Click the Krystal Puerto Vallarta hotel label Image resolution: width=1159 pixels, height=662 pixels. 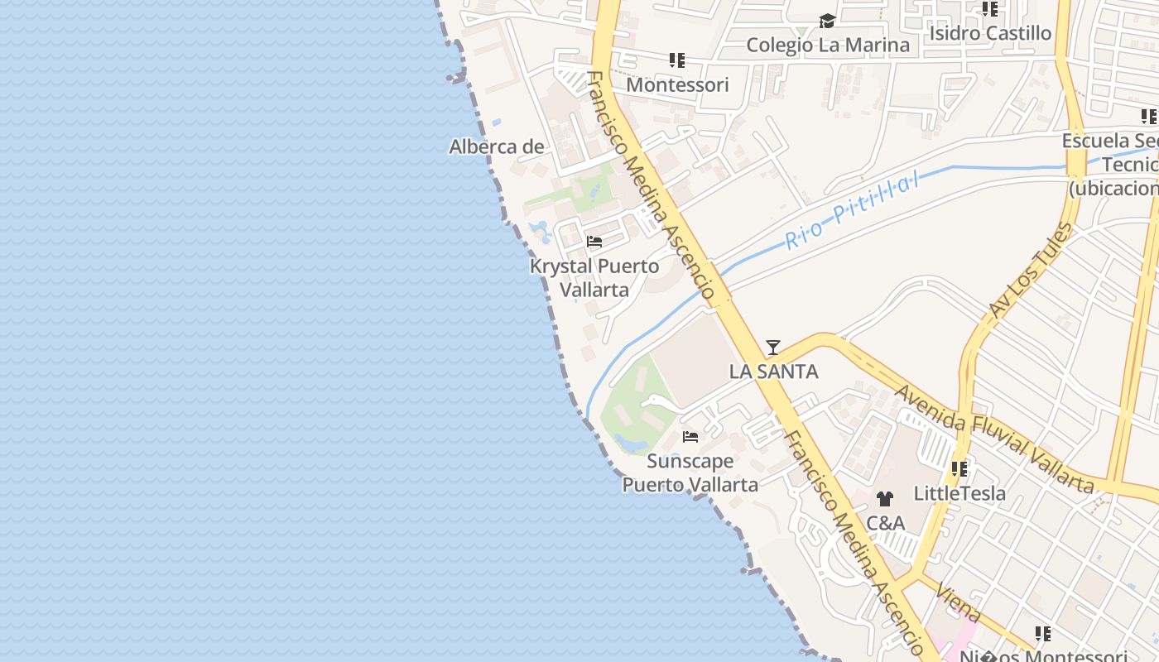coord(594,278)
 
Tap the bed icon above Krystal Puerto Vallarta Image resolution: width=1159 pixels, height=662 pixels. coord(594,242)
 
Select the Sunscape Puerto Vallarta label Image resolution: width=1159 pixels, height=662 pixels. coord(690,473)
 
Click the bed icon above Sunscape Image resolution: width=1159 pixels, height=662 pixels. coord(690,436)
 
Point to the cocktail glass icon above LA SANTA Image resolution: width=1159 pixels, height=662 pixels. coord(773,347)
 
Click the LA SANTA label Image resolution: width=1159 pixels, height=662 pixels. coord(773,372)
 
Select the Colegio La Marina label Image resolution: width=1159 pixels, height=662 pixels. coord(827,45)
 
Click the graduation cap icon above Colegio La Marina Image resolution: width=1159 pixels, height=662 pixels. coord(827,21)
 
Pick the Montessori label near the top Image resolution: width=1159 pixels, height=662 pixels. coord(677,84)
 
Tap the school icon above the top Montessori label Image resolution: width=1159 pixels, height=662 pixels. coord(677,60)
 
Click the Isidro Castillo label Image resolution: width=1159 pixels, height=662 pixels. coord(990,33)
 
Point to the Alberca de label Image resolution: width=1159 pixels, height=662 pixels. coord(497,147)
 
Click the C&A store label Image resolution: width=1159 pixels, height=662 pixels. coord(885,523)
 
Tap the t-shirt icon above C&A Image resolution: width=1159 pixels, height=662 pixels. coord(885,499)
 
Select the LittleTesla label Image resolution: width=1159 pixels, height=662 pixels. coord(959,493)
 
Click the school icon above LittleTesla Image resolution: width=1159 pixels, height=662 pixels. coord(959,469)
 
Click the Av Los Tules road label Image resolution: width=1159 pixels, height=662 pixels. coord(1030,271)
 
